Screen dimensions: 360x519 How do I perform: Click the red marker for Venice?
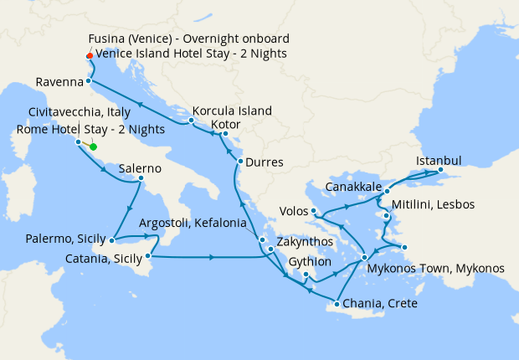pos(89,56)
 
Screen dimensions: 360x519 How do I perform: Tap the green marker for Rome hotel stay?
pos(93,147)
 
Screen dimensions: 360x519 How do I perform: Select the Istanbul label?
pos(439,160)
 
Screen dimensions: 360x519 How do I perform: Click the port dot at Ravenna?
pos(88,82)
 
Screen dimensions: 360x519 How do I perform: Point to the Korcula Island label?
pos(232,111)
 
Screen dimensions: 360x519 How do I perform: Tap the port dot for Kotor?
pos(224,134)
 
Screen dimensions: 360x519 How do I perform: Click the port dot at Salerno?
pos(141,178)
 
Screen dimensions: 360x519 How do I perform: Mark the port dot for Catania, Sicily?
pos(148,255)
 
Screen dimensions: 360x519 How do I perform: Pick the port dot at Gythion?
pos(306,275)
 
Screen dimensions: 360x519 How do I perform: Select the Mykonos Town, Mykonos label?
pos(436,269)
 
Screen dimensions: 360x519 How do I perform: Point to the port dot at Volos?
pos(312,211)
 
